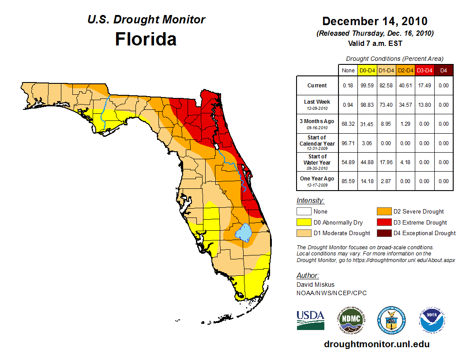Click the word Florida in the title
click(146, 39)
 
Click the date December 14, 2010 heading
click(375, 21)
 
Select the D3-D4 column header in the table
click(425, 70)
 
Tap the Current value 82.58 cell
click(387, 86)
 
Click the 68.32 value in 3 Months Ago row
click(348, 124)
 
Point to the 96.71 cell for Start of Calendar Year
click(348, 143)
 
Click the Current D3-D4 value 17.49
click(425, 86)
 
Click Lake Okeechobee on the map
click(243, 232)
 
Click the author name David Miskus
click(315, 285)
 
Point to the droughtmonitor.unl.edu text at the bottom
click(377, 344)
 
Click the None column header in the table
click(348, 70)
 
